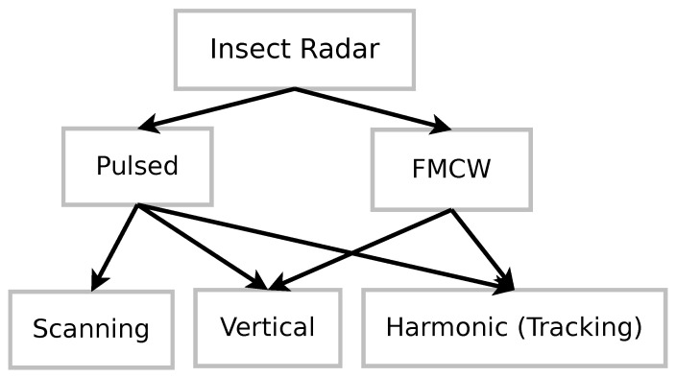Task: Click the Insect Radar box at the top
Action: [294, 50]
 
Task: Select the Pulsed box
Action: [137, 166]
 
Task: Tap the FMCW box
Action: [451, 170]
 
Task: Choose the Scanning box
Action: [91, 329]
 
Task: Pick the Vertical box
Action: [267, 327]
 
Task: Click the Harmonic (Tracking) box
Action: [514, 327]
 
